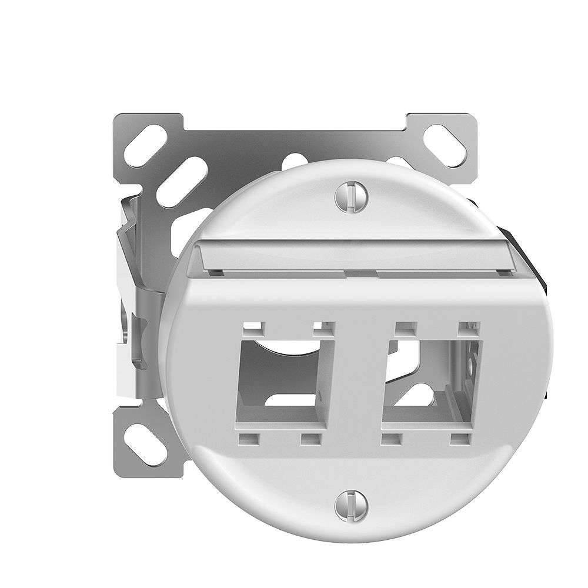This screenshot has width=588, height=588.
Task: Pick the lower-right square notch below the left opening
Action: (x=309, y=438)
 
